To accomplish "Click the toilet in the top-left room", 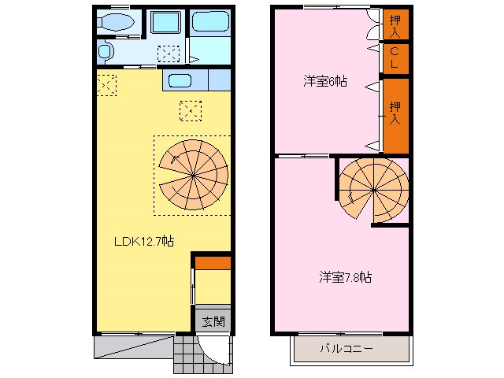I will click(x=117, y=23).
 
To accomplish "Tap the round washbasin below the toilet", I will click(x=106, y=52).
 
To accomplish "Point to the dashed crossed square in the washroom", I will click(x=169, y=54).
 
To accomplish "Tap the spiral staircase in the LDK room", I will click(x=192, y=174).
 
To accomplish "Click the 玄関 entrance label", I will click(x=213, y=321).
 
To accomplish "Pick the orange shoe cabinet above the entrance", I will click(x=213, y=263).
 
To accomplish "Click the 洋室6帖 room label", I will click(x=326, y=81).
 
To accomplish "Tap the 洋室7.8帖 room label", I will click(x=345, y=277).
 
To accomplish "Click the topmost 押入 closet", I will click(x=396, y=25).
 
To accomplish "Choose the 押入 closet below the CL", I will click(x=396, y=113).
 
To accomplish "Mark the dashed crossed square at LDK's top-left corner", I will click(x=106, y=82).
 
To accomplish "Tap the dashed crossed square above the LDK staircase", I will click(x=189, y=110).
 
